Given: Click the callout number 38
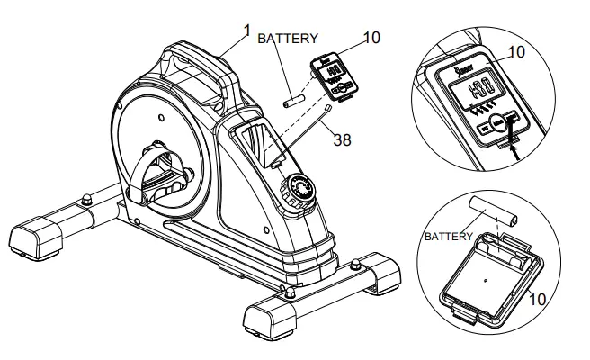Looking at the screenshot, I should (x=341, y=139).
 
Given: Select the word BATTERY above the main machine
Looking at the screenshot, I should (x=288, y=39).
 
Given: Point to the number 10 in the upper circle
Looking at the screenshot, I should (x=514, y=52).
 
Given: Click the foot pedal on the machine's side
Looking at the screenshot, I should (x=162, y=176).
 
